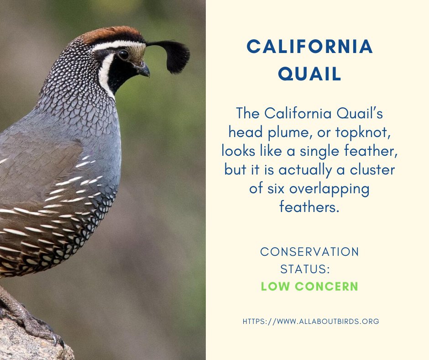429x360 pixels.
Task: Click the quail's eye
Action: (x=123, y=55)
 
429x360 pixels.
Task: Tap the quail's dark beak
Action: (x=143, y=70)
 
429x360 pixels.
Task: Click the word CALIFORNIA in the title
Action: (x=310, y=47)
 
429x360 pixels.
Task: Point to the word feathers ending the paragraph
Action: (x=309, y=207)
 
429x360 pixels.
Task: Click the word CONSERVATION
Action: (x=309, y=251)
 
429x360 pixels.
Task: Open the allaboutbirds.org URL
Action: (x=311, y=321)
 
